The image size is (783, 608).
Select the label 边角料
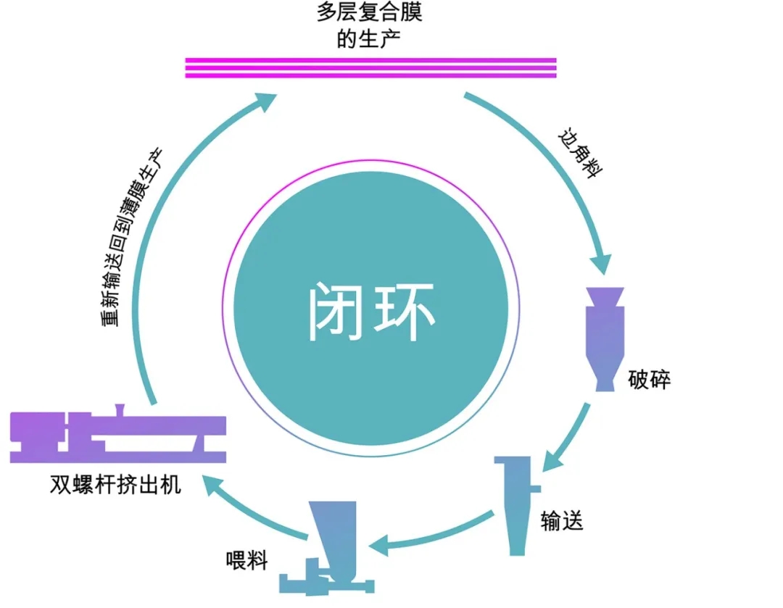581,154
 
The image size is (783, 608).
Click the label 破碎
650,380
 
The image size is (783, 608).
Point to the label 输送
563,520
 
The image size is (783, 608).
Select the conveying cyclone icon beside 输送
516,504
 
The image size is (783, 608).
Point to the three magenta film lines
370,67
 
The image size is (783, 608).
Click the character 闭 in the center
336,312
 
